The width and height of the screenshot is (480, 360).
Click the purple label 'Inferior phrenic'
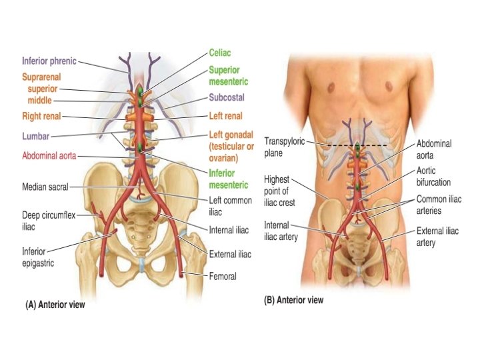pyautogui.click(x=49, y=61)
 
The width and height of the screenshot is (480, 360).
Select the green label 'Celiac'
pyautogui.click(x=220, y=51)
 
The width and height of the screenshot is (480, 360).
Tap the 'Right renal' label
pyautogui.click(x=41, y=116)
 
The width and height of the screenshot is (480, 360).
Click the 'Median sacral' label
pyautogui.click(x=45, y=187)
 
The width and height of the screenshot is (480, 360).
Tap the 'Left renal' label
pyautogui.click(x=226, y=116)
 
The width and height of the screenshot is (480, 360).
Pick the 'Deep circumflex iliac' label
pyautogui.click(x=43, y=220)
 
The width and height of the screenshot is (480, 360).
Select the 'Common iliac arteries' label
pyautogui.click(x=439, y=204)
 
